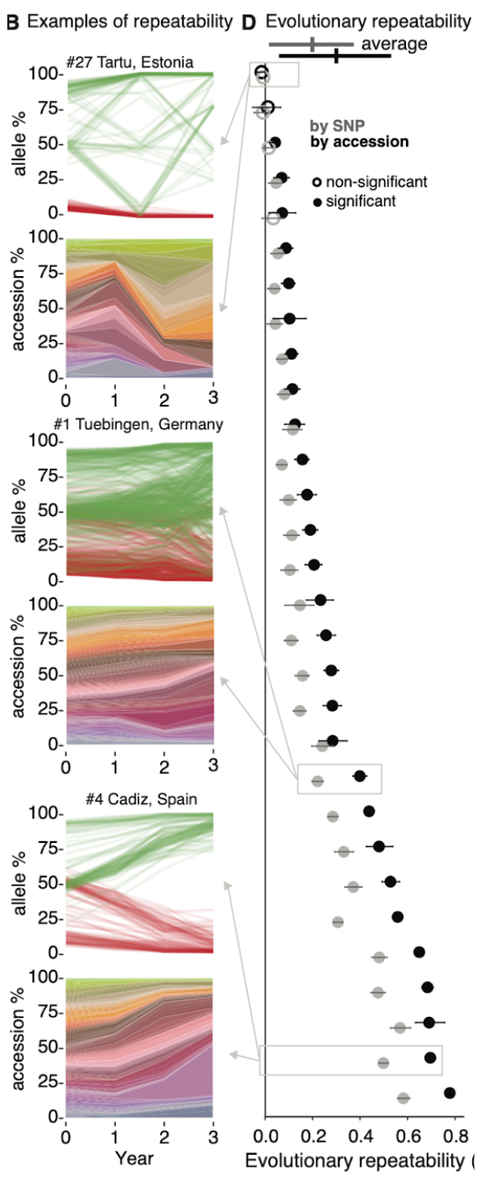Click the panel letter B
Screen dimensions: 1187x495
tap(12, 22)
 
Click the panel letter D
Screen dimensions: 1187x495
tap(251, 22)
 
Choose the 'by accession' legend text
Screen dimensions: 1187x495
tap(359, 142)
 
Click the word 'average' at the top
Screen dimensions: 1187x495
tap(394, 44)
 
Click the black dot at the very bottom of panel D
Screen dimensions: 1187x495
tap(450, 1093)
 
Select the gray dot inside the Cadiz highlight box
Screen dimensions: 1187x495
tap(383, 1062)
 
